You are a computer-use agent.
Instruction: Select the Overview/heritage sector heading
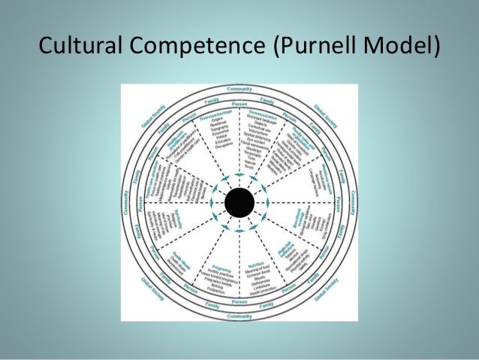[218, 113]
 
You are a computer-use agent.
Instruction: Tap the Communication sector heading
[263, 113]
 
